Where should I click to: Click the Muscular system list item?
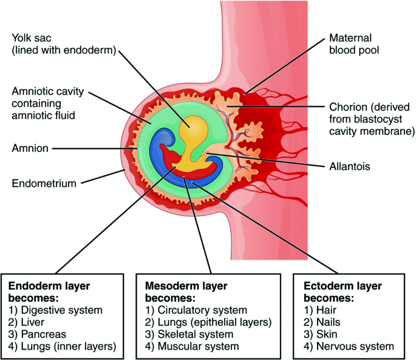tap(193, 346)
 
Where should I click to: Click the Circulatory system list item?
tap(196, 310)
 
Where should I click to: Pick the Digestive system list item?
tap(55, 310)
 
